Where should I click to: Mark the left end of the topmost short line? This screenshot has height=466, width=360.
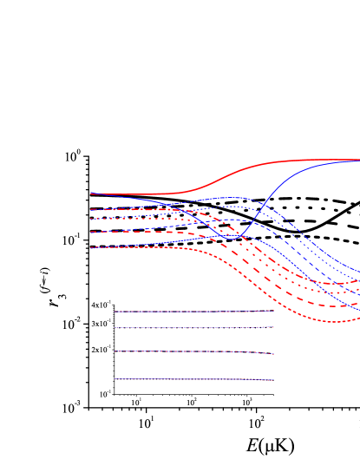point(115,312)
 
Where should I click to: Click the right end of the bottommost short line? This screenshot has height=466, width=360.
point(273,380)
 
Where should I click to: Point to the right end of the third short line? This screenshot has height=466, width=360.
point(273,354)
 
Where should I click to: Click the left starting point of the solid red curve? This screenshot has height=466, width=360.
point(91,194)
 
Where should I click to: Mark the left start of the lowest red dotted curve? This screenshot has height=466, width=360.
point(91,247)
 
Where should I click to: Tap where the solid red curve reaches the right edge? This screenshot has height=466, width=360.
point(357,160)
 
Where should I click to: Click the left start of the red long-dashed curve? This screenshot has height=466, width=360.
point(91,232)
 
